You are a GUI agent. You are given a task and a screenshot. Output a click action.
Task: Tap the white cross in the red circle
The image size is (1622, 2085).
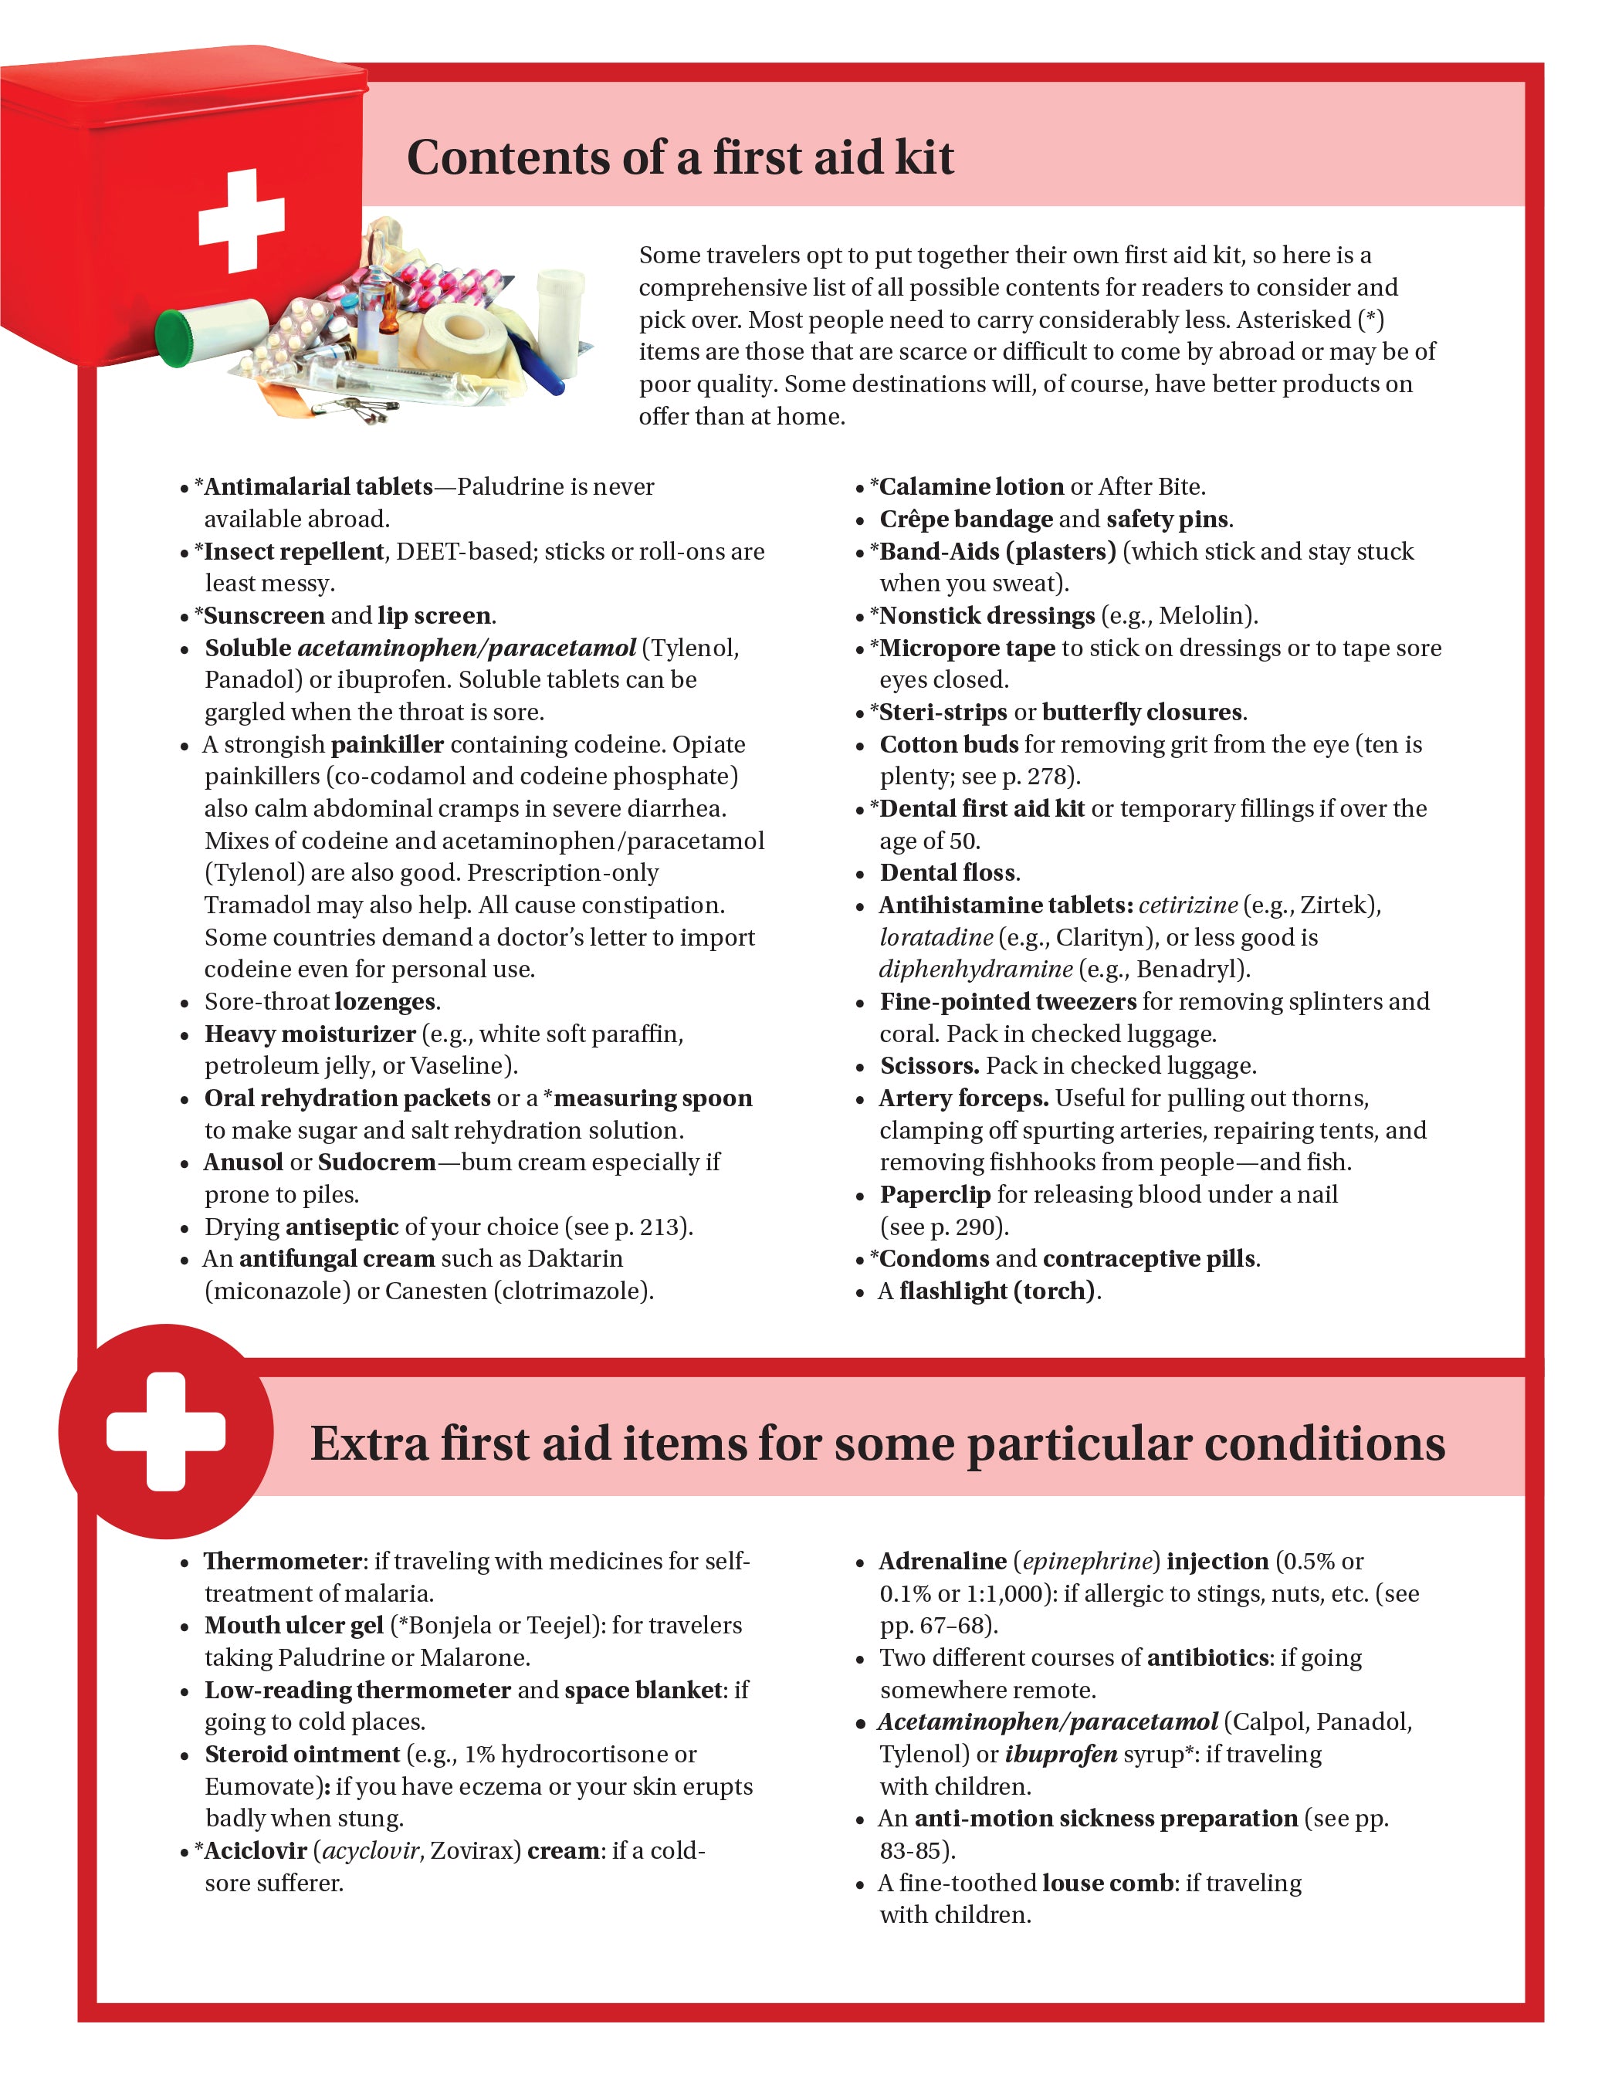click(x=166, y=1431)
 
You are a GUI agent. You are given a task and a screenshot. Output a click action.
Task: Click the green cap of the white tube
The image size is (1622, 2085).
click(x=174, y=338)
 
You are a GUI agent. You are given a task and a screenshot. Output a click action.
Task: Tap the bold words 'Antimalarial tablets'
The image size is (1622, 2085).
click(x=318, y=487)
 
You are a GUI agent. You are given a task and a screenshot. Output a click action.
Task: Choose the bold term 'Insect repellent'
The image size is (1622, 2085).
click(x=294, y=552)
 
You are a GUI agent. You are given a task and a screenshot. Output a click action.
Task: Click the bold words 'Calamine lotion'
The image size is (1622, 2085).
click(x=971, y=487)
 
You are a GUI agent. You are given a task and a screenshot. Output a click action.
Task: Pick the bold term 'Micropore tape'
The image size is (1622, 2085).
click(x=966, y=648)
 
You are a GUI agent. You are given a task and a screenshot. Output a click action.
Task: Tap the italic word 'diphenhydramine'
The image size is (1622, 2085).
click(x=976, y=969)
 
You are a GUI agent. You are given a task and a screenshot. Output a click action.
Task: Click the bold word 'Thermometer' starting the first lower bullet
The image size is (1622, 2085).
click(x=283, y=1561)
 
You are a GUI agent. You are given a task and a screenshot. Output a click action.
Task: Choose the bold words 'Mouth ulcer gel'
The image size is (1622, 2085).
click(x=294, y=1625)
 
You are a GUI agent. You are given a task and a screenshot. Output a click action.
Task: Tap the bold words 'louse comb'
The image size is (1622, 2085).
click(x=1107, y=1883)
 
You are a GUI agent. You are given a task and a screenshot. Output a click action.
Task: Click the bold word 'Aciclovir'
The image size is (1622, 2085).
click(x=255, y=1850)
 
